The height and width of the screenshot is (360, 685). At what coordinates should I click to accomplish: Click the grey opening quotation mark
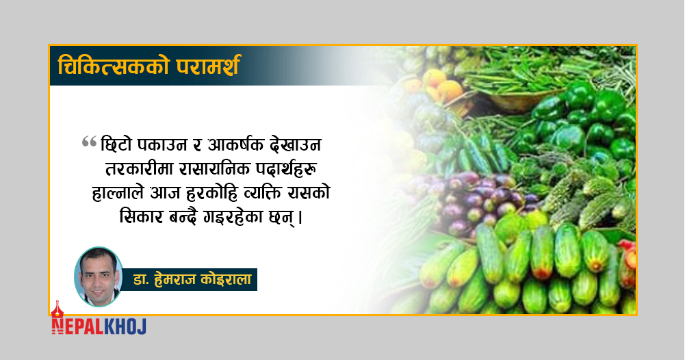coord(89,142)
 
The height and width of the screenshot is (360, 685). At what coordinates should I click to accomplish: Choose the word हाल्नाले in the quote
coord(118,193)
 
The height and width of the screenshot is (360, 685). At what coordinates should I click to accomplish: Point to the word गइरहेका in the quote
coord(234,217)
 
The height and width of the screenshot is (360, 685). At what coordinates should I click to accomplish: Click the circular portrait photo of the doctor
coord(99,277)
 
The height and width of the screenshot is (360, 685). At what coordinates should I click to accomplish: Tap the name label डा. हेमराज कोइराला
coord(192,280)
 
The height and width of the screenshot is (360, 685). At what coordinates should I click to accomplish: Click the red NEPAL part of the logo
coord(77,326)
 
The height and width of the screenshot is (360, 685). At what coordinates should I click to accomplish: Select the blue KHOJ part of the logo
coord(125,326)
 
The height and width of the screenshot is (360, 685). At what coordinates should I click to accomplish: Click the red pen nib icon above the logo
coord(57,309)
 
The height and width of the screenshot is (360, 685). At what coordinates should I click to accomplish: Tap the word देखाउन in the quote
coord(296,145)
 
